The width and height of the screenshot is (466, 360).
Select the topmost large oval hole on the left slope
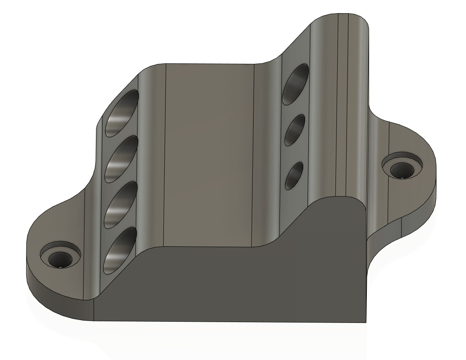[x=122, y=113]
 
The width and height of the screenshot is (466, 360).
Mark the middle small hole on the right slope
[x=294, y=129]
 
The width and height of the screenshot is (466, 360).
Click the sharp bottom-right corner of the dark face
[x=366, y=323]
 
